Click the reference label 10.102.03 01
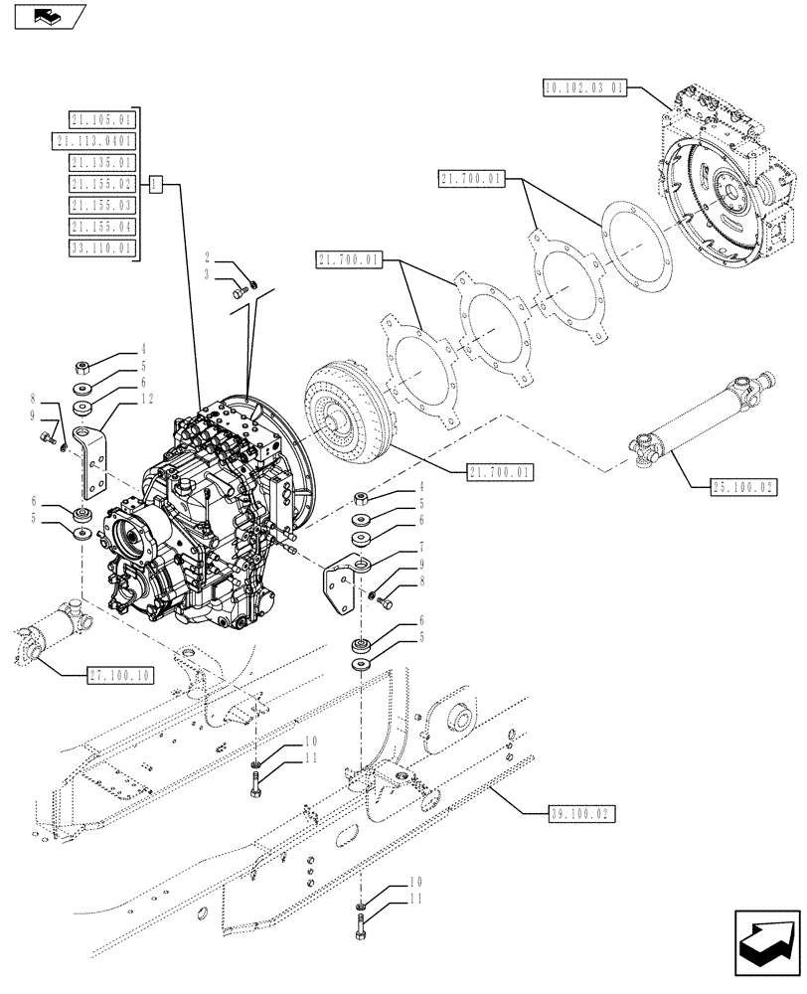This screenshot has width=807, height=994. [x=585, y=87]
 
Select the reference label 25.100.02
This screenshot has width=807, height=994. [x=743, y=486]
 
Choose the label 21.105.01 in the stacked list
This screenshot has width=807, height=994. [x=102, y=120]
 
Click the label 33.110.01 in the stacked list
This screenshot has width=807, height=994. [x=102, y=248]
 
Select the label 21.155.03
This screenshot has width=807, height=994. [x=102, y=206]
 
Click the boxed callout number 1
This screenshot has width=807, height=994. [x=155, y=184]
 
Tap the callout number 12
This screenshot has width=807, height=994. [x=147, y=399]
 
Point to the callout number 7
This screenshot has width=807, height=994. [x=422, y=547]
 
